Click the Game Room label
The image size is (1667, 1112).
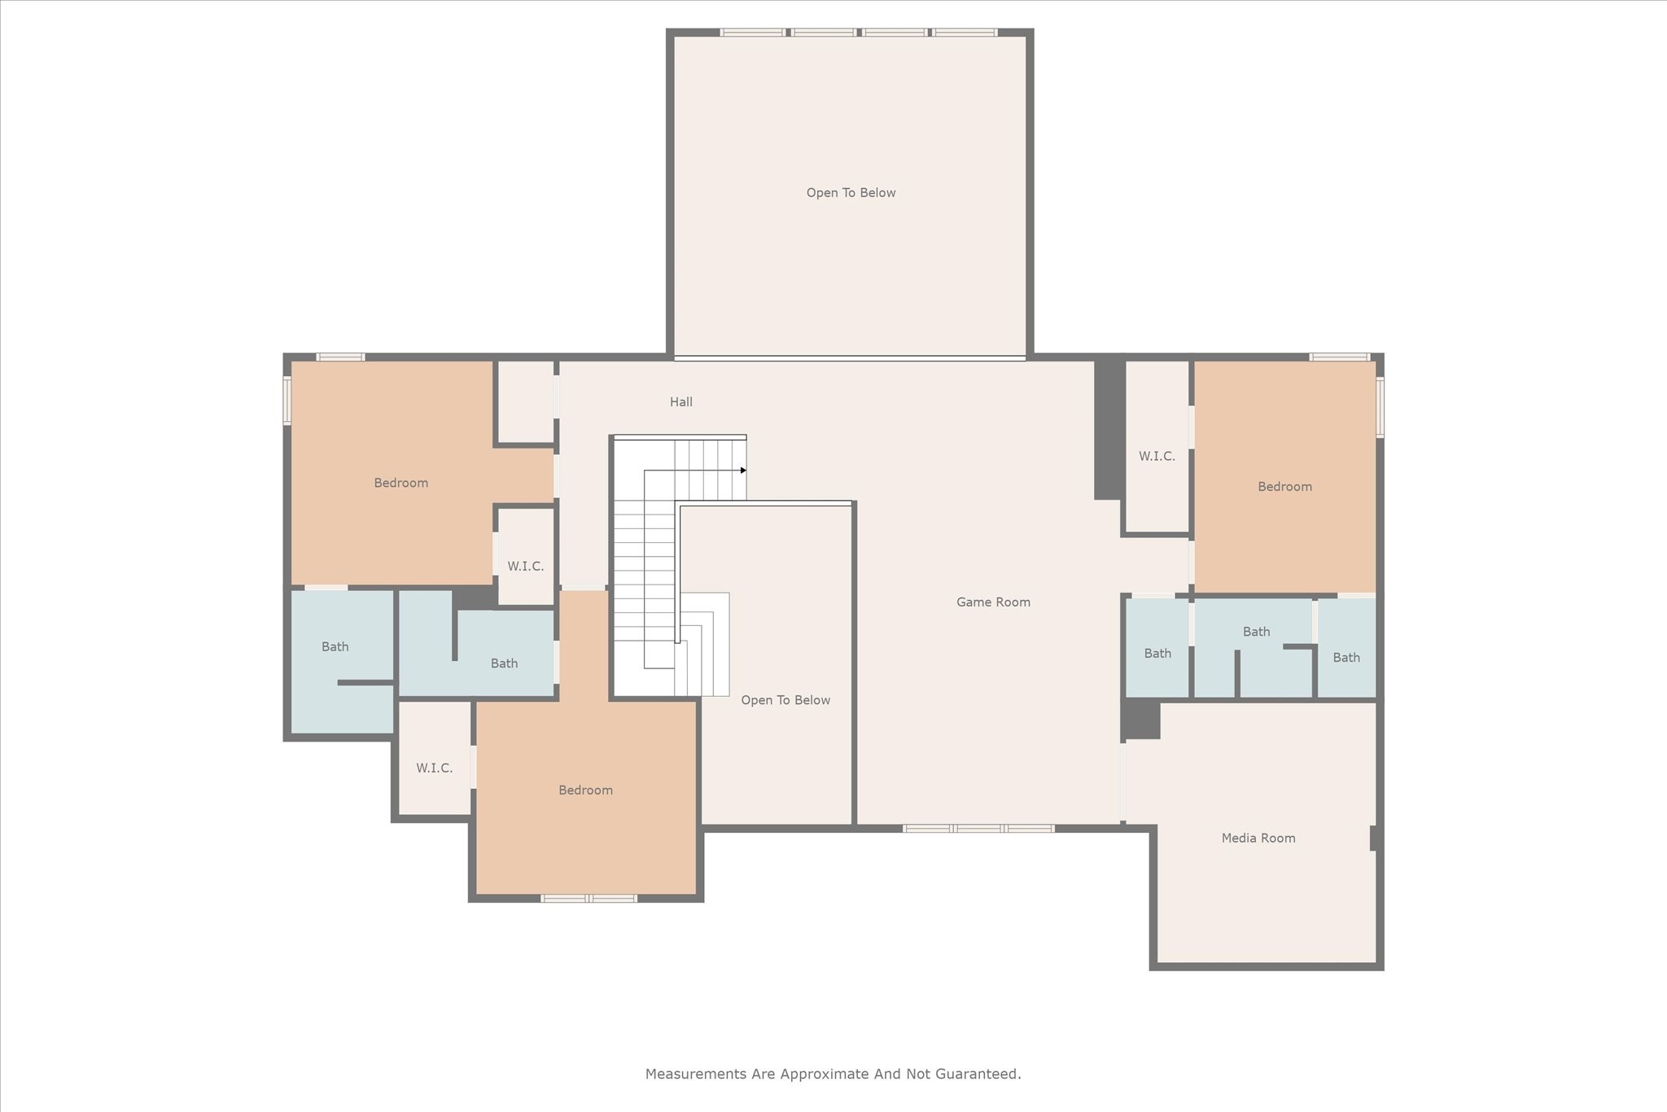tap(993, 602)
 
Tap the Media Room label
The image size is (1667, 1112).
tap(1258, 838)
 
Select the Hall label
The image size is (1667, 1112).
tap(681, 402)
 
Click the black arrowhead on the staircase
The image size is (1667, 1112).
tap(743, 471)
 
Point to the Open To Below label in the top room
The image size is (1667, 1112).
tap(851, 193)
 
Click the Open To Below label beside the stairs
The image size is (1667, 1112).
tap(785, 700)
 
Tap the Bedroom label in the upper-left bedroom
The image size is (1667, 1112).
tap(400, 484)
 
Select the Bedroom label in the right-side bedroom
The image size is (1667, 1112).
tap(1284, 487)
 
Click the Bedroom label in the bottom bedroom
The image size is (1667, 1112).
tap(585, 790)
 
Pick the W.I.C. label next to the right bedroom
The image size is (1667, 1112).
tap(1157, 457)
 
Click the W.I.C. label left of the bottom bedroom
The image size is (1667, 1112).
tap(434, 768)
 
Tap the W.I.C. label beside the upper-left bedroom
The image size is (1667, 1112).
tap(525, 567)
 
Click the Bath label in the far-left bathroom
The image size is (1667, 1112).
tap(335, 647)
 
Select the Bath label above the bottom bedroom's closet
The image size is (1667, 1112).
tap(504, 663)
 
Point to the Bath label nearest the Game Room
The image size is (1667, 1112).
tap(1157, 654)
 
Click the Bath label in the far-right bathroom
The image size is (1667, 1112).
tap(1345, 658)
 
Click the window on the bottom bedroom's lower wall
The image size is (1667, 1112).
tap(589, 899)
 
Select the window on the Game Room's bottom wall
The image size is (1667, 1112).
tap(978, 829)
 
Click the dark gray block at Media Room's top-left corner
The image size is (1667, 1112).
tap(1141, 720)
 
